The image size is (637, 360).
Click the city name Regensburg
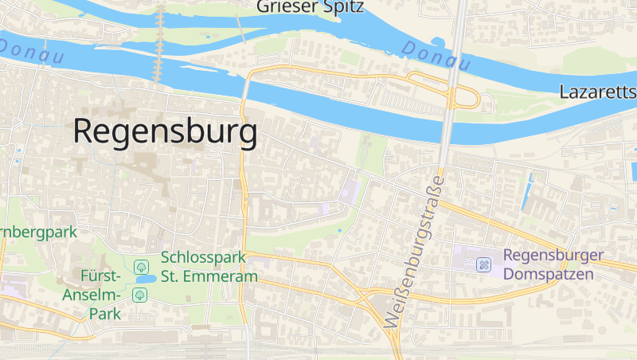[x=166, y=131]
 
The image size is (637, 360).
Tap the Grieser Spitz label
[x=310, y=8]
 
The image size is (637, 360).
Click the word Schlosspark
[x=202, y=258]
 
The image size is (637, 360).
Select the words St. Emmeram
[x=209, y=276]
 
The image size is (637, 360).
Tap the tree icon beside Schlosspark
[x=141, y=266]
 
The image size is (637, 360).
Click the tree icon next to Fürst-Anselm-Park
[x=140, y=295]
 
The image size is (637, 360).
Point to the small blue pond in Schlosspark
[x=145, y=280]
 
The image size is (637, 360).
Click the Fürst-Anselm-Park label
[x=100, y=295]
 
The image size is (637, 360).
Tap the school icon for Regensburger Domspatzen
[x=483, y=265]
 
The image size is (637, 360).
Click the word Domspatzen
[x=549, y=275]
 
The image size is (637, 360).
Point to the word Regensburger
[x=553, y=256]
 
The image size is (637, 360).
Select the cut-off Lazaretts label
[x=597, y=91]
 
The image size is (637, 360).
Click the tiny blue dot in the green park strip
[x=339, y=231]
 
